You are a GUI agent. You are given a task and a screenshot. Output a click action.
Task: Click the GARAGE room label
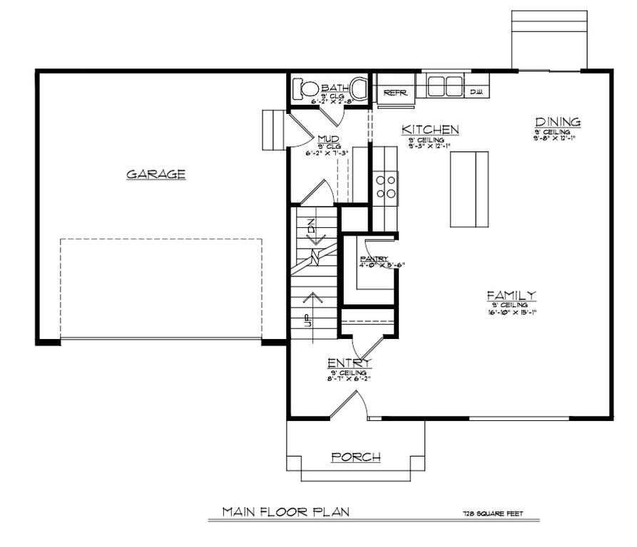pos(156,174)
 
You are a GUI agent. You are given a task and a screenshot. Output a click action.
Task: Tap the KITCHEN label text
pos(429,130)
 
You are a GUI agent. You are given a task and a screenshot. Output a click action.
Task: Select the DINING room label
pos(558,122)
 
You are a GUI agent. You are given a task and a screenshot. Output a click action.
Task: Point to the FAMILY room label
pos(511,296)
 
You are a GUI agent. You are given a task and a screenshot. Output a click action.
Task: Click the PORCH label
pos(355,457)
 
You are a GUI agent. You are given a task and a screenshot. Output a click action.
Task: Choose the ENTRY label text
pos(349,363)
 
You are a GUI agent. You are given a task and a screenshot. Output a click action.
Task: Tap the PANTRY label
pos(373,259)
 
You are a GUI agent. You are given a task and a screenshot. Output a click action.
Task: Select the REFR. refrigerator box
pos(394,93)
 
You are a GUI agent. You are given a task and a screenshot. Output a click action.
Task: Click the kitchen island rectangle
pos(469,189)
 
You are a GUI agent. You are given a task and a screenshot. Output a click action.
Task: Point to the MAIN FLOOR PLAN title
pos(285,511)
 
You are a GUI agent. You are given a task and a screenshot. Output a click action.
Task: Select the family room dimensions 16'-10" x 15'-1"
pos(511,311)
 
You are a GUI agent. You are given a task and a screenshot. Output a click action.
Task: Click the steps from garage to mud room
pos(273,130)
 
